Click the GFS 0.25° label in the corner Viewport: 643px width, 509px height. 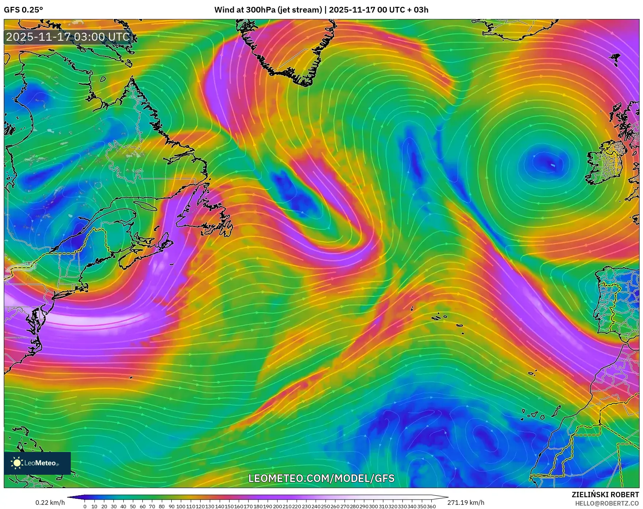[x=23, y=10]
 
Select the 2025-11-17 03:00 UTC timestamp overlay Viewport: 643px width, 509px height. [x=68, y=37]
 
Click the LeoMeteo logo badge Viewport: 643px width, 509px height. [x=37, y=463]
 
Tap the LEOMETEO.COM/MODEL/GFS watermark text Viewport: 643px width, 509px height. [x=321, y=478]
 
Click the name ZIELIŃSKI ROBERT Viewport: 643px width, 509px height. [x=605, y=495]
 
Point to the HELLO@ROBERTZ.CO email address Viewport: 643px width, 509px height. [x=607, y=503]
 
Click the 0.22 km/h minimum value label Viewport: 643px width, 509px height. [x=50, y=503]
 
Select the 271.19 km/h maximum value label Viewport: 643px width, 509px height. [x=466, y=503]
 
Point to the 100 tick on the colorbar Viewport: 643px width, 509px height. [x=181, y=506]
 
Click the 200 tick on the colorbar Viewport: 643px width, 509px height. [x=277, y=506]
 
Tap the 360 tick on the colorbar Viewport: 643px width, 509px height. [x=431, y=506]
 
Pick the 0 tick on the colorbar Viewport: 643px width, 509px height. [x=85, y=506]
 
